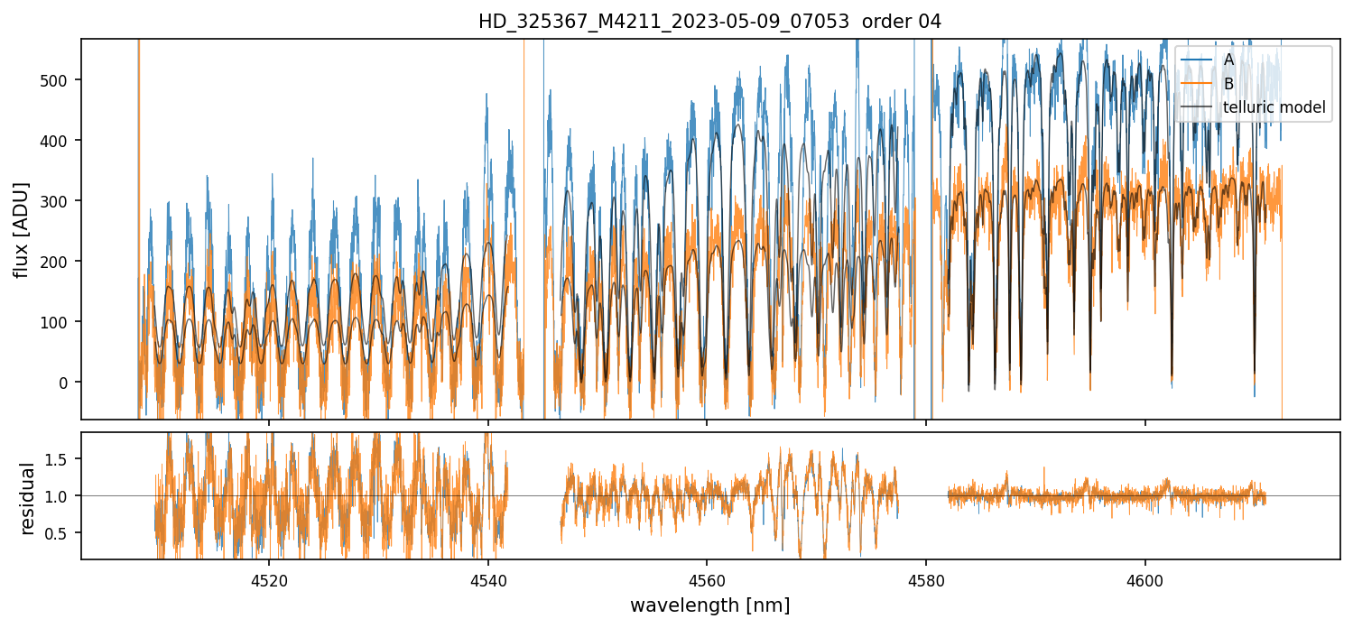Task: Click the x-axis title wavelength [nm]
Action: pos(709,605)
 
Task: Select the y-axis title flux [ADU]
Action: pos(21,229)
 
